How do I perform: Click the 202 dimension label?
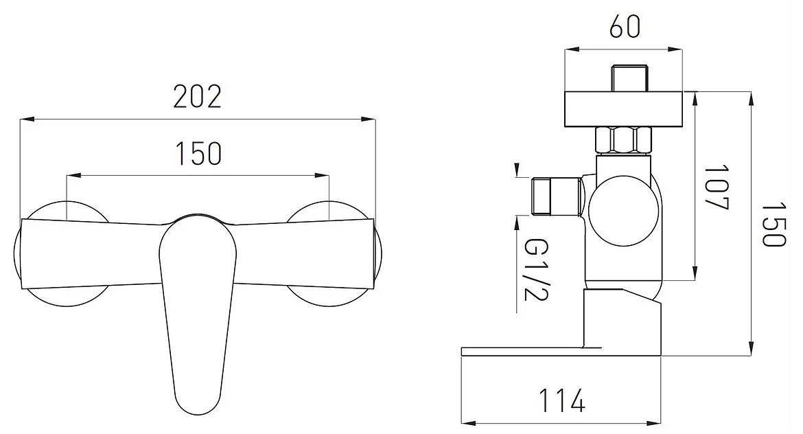click(197, 97)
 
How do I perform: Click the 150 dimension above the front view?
click(199, 153)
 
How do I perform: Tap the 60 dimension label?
click(625, 27)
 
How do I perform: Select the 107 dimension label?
click(716, 187)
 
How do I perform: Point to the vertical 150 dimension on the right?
click(773, 224)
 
